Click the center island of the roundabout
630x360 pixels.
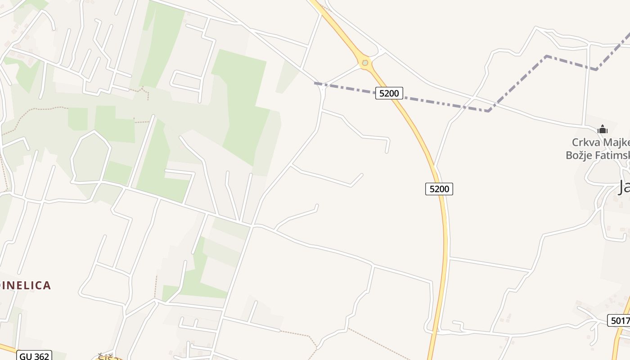[365, 63]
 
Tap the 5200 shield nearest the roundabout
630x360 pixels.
[389, 93]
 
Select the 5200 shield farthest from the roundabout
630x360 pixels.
[439, 189]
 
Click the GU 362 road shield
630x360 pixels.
[35, 356]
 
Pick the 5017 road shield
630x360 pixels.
[619, 320]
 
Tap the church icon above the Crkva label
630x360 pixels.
[603, 130]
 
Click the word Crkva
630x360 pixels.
[584, 143]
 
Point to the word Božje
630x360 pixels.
[580, 156]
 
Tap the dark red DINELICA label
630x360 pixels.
[26, 285]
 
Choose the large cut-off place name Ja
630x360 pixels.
[624, 187]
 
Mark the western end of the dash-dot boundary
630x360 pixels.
[315, 83]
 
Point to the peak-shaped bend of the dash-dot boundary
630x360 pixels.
[546, 56]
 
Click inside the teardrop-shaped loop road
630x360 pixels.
[90, 157]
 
